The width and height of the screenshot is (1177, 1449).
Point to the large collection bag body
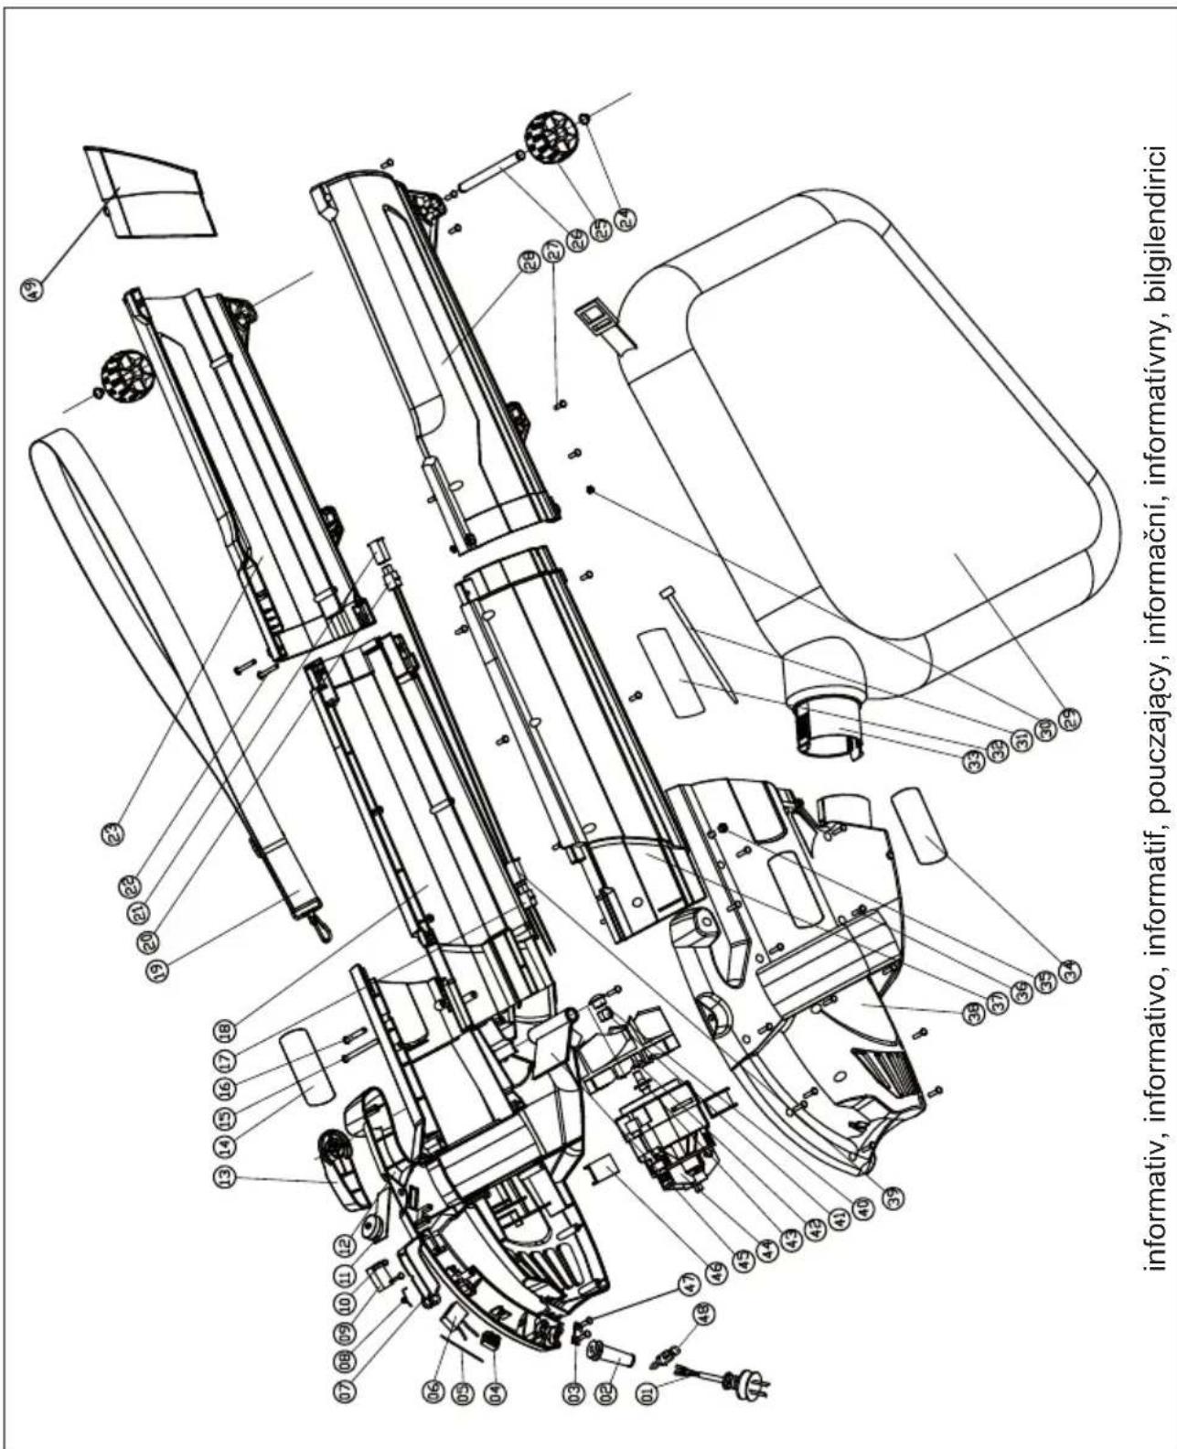point(878,457)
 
